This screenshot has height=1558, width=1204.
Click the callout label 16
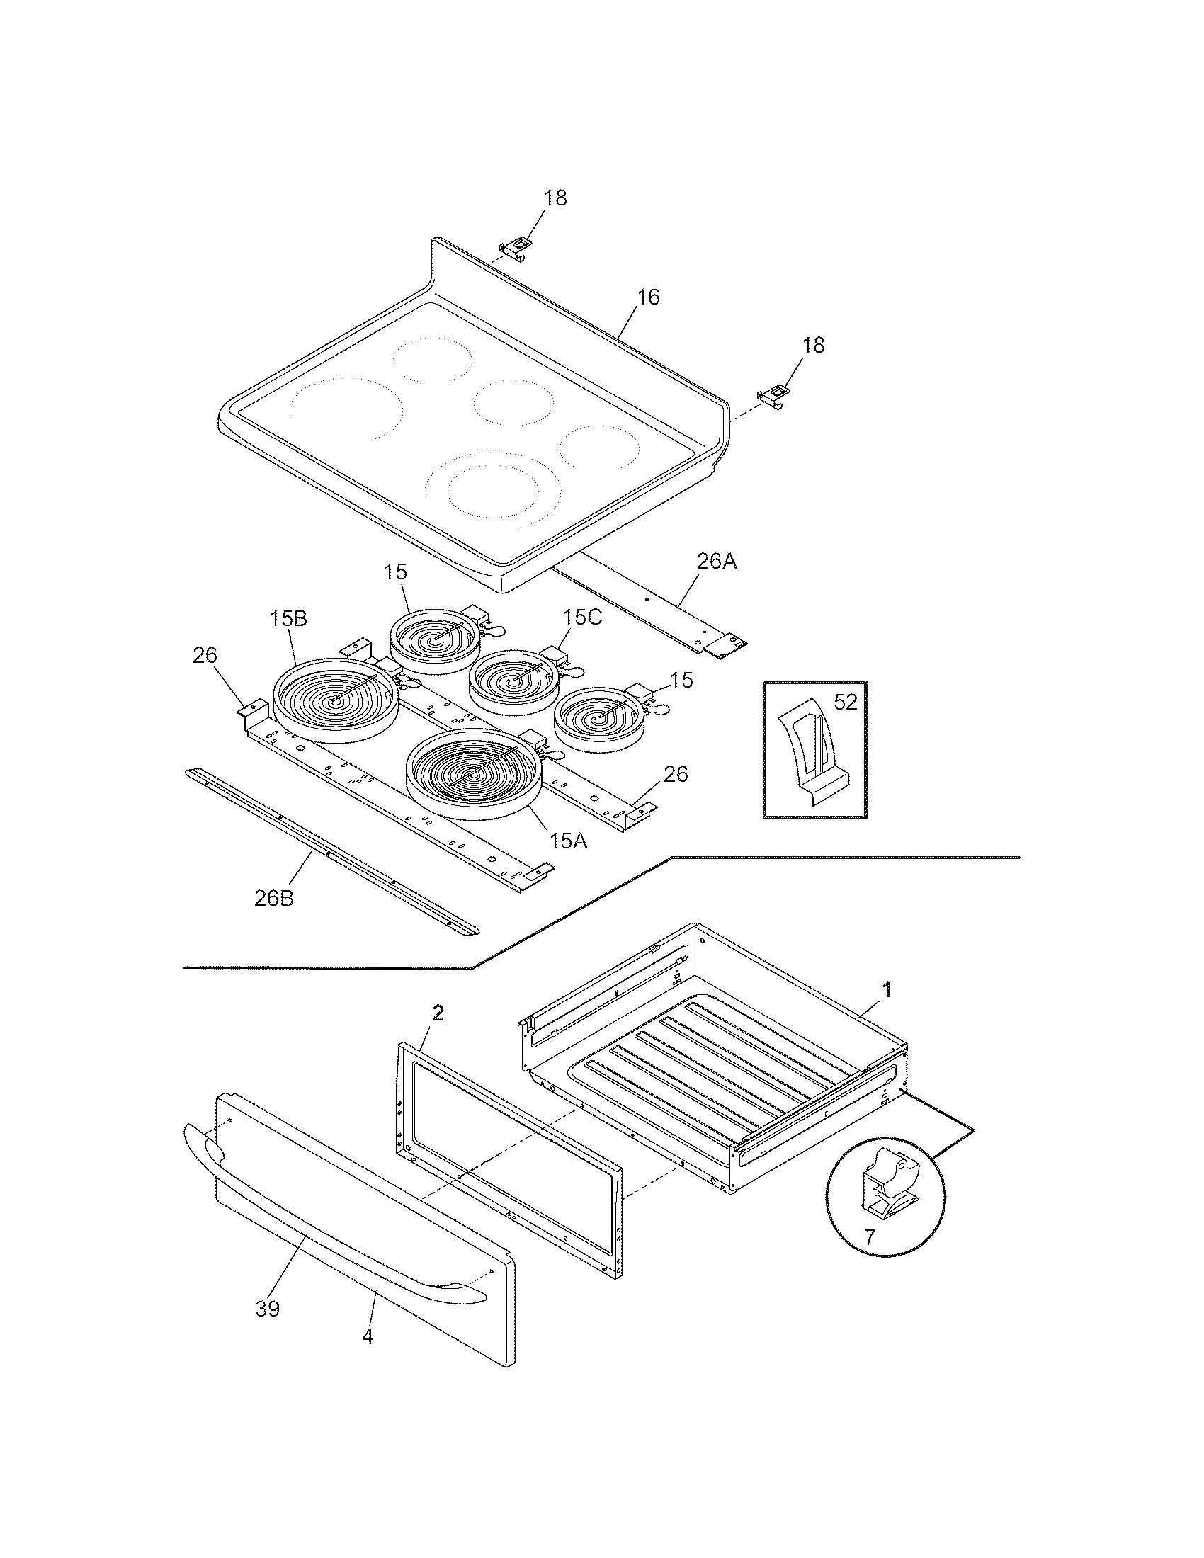pos(647,297)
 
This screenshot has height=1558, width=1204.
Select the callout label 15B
pos(288,618)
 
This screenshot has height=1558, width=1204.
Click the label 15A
pos(569,841)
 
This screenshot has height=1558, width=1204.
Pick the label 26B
pos(274,898)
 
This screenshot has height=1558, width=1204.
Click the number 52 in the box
pos(845,703)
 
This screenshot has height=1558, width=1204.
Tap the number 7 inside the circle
pos(869,1238)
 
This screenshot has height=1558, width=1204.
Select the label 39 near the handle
pos(268,1308)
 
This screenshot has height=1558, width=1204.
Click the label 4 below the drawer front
pos(368,1336)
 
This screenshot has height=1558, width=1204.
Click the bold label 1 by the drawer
pos(887,989)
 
